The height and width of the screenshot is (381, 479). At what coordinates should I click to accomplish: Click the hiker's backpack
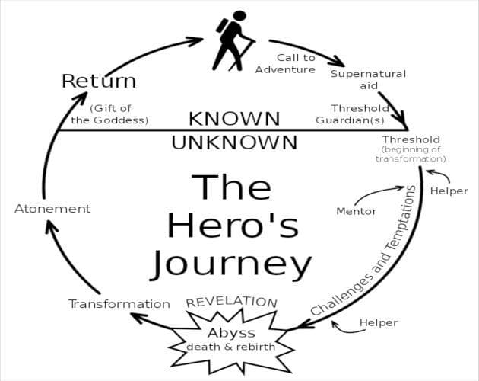pyautogui.click(x=222, y=25)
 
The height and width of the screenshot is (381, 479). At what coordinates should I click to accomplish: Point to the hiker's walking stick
pyautogui.click(x=242, y=55)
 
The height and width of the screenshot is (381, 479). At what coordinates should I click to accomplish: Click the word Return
pyautogui.click(x=99, y=81)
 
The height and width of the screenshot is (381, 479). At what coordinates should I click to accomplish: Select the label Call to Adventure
pyautogui.click(x=285, y=64)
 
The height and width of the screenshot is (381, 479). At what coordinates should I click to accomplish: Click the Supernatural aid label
pyautogui.click(x=369, y=79)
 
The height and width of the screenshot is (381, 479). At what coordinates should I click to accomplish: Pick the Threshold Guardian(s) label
pyautogui.click(x=353, y=114)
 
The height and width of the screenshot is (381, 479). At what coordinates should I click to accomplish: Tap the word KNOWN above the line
pyautogui.click(x=234, y=119)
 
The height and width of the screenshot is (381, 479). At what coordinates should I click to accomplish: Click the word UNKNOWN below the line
pyautogui.click(x=234, y=142)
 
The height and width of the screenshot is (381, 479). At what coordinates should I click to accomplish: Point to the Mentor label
pyautogui.click(x=356, y=211)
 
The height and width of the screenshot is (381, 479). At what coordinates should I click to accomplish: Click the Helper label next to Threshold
pyautogui.click(x=449, y=190)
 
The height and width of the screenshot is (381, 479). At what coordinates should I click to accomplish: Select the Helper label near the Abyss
pyautogui.click(x=379, y=322)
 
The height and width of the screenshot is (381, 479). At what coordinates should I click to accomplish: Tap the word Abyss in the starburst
pyautogui.click(x=231, y=333)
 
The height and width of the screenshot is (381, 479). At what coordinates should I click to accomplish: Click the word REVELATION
pyautogui.click(x=232, y=303)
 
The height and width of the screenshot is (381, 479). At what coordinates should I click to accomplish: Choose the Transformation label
pyautogui.click(x=119, y=304)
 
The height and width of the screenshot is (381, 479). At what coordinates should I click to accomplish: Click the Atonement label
pyautogui.click(x=52, y=209)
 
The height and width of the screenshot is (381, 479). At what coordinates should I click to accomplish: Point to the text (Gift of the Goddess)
pyautogui.click(x=110, y=114)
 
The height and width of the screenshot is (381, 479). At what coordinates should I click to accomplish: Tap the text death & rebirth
pyautogui.click(x=230, y=347)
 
